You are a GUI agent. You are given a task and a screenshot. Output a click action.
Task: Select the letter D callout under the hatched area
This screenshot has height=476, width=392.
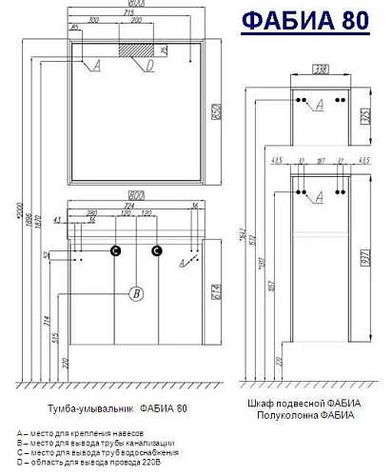pos(149,67)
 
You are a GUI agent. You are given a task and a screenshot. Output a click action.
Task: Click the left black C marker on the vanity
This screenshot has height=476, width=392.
pos(115,251)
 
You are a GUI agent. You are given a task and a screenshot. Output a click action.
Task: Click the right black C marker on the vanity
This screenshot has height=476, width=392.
pos(159,251)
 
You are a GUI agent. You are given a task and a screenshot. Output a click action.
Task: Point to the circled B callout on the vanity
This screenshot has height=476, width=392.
pos(137,293)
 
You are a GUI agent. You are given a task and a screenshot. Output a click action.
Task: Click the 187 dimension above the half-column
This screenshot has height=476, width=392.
pos(320,161)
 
